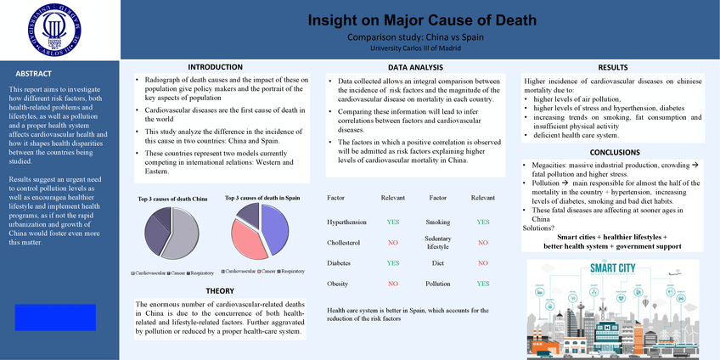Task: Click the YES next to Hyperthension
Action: click(392, 222)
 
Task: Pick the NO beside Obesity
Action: click(392, 284)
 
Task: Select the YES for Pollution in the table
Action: click(482, 284)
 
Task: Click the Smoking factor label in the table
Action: click(437, 222)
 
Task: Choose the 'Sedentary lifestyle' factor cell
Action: click(437, 243)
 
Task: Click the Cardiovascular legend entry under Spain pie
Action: click(241, 271)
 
